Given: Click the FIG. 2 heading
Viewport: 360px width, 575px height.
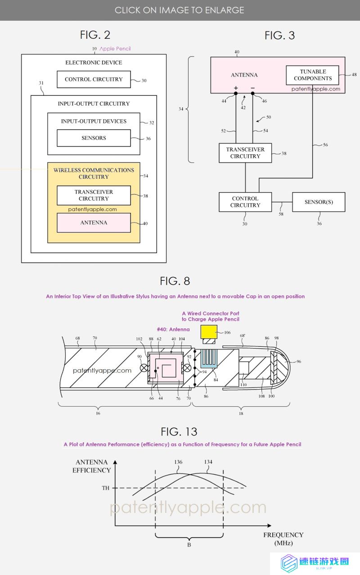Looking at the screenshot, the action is pyautogui.click(x=95, y=35).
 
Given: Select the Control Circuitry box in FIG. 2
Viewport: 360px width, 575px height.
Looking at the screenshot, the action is pyautogui.click(x=94, y=79).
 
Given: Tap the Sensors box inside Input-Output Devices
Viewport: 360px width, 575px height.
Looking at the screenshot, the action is pyautogui.click(x=94, y=138).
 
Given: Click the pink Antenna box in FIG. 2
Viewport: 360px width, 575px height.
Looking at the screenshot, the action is pyautogui.click(x=94, y=223).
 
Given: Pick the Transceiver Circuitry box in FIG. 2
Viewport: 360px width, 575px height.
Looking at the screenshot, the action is pyautogui.click(x=94, y=195).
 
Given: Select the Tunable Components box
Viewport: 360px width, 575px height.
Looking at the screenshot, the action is pyautogui.click(x=312, y=75).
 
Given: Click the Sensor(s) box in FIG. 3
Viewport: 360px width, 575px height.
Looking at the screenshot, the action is pyautogui.click(x=319, y=202).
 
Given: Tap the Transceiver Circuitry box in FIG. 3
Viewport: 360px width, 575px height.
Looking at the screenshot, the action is pyautogui.click(x=245, y=153).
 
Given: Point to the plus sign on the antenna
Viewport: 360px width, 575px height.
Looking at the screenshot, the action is pyautogui.click(x=236, y=88).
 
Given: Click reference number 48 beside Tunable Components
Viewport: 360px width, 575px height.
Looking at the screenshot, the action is pyautogui.click(x=354, y=75).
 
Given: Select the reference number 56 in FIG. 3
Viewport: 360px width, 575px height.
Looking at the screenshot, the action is pyautogui.click(x=325, y=145).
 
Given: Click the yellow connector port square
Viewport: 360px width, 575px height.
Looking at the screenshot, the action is pyautogui.click(x=209, y=332).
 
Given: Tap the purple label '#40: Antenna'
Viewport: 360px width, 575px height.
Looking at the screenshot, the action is pyautogui.click(x=173, y=329).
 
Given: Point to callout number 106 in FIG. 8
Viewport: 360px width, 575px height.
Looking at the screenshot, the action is pyautogui.click(x=227, y=332).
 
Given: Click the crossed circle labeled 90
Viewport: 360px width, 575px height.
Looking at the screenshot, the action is pyautogui.click(x=144, y=368).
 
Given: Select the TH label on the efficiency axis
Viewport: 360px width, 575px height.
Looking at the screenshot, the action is pyautogui.click(x=106, y=488).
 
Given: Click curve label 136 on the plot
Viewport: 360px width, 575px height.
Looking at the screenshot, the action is pyautogui.click(x=178, y=462).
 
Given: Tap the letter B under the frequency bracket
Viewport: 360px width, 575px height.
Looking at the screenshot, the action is pyautogui.click(x=189, y=545).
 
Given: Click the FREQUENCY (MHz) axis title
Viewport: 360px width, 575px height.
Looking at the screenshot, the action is pyautogui.click(x=283, y=539).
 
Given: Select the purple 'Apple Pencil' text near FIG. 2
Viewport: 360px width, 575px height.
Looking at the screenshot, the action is pyautogui.click(x=115, y=49).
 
